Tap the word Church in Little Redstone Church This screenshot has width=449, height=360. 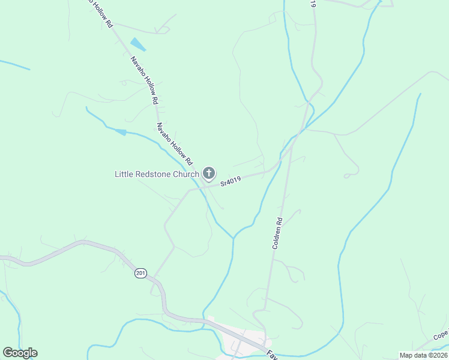(184, 174)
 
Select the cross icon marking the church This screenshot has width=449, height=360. (209, 174)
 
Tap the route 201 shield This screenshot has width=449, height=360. (140, 273)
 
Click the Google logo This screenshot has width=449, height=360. (20, 353)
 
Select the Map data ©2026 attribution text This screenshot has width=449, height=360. (423, 355)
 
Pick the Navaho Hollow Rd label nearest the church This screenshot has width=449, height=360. (174, 144)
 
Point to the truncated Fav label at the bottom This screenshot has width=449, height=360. (271, 354)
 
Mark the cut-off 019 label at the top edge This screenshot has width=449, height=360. (313, 4)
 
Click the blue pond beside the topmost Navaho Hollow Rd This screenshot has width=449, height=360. (138, 44)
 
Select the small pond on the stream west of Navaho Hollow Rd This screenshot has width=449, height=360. (121, 131)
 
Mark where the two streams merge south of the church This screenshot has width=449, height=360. (233, 237)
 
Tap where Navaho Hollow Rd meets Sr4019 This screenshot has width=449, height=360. (199, 187)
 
